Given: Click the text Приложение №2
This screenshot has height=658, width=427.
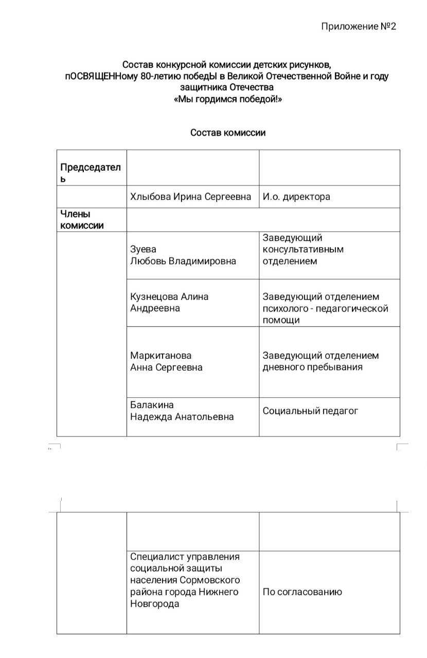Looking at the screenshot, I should [x=359, y=26].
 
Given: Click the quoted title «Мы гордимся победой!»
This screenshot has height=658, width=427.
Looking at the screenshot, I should [x=228, y=99].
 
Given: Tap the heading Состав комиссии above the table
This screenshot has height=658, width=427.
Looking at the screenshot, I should [x=228, y=133].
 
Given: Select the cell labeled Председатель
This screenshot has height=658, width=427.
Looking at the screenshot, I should [x=91, y=173].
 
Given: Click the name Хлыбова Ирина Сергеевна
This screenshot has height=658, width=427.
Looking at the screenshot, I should [x=190, y=197].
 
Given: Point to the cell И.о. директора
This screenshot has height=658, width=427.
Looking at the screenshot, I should [x=296, y=197].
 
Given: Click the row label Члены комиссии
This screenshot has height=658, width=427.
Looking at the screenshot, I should [x=82, y=220].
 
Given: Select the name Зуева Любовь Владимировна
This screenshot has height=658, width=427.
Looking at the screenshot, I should [x=183, y=255].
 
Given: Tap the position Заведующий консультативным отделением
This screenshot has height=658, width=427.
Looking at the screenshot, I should [x=303, y=249].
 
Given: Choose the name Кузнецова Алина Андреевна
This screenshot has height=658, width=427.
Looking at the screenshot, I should [x=169, y=302].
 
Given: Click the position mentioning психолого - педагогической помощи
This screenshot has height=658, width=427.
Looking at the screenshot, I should [x=325, y=308].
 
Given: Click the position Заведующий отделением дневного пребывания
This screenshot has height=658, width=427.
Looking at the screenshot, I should [x=321, y=361].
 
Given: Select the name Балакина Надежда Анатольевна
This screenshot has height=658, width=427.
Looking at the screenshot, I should [x=182, y=411].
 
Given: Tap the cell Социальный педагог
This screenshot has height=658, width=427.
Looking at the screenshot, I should [x=310, y=411].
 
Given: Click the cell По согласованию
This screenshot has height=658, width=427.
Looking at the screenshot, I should [x=302, y=592].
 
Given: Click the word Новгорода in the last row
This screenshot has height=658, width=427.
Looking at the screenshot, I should [x=154, y=604].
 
